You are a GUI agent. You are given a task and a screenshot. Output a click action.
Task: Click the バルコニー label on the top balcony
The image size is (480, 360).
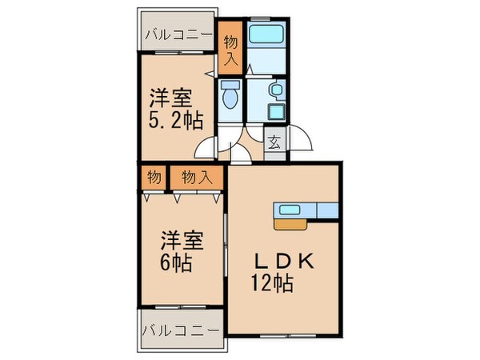tap(178, 35)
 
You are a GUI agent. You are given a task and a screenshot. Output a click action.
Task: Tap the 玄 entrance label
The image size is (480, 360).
tap(274, 144)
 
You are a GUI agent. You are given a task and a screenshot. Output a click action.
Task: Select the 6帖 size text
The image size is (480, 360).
tap(175, 263)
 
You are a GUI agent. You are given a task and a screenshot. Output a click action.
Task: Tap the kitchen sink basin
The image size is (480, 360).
tap(290, 210)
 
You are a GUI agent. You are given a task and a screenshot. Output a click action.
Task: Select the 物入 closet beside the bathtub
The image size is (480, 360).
tap(230, 49)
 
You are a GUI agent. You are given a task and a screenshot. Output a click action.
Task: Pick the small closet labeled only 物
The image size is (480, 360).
tap(153, 178)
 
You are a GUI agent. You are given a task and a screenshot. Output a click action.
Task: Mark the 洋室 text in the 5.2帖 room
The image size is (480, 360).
tap(171, 99)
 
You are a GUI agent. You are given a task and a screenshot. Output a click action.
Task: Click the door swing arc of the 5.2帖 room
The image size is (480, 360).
tap(206, 146)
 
